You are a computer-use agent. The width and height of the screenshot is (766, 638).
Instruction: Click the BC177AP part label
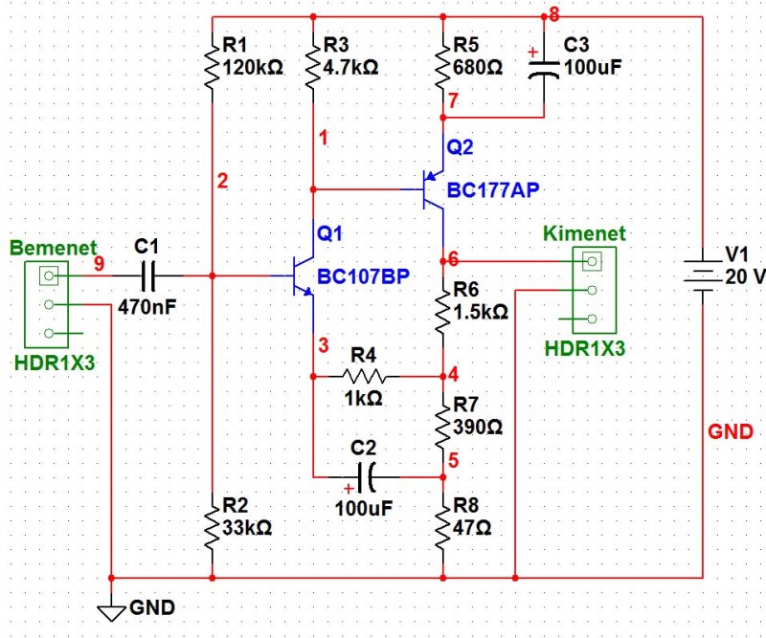coord(493,190)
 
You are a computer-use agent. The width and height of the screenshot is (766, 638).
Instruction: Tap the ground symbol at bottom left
coord(114,609)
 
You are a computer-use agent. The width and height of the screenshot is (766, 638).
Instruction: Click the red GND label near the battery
coord(731,431)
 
